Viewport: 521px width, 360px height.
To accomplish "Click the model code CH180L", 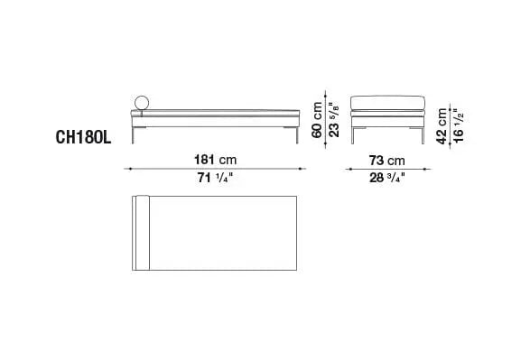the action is (83, 137).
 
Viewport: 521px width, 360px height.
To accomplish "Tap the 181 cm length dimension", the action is (215, 160).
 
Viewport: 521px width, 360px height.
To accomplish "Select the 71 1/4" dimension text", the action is (215, 178).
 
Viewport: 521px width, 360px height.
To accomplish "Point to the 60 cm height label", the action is (317, 120).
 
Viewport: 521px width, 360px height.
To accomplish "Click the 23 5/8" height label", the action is (333, 120).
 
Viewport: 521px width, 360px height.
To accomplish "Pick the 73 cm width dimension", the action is (386, 161).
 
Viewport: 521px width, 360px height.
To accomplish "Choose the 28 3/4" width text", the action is (387, 178).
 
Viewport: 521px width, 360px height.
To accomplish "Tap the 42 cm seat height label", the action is (442, 126).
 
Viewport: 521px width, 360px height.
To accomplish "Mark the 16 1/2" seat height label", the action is (458, 125).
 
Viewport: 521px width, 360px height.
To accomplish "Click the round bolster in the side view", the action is (142, 96).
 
